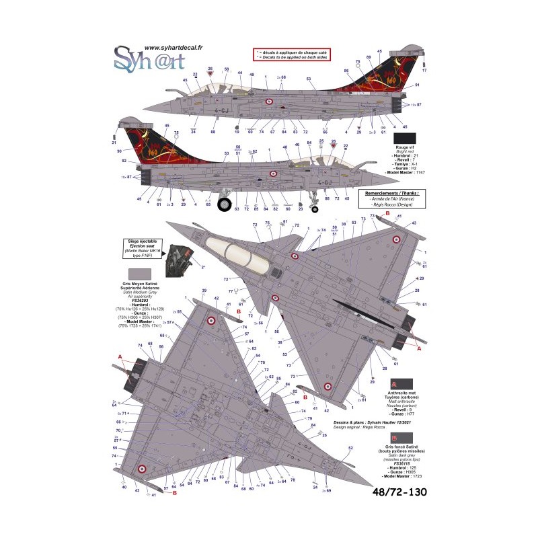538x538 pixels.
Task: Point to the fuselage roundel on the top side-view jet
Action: (x=268, y=102)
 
